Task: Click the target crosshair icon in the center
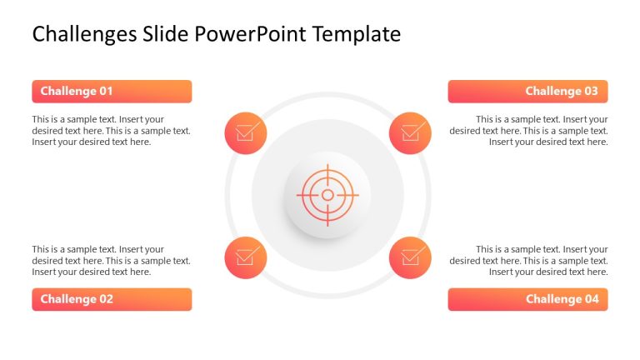(x=327, y=195)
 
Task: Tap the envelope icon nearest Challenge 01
(x=245, y=132)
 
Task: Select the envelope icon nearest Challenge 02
(x=245, y=257)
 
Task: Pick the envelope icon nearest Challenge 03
(x=410, y=132)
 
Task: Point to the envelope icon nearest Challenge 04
(x=410, y=257)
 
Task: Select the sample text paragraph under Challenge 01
(x=111, y=131)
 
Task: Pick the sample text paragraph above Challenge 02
(x=111, y=261)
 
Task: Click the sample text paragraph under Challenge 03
(x=528, y=131)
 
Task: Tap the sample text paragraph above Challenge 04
(x=528, y=261)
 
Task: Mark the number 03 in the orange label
(x=590, y=91)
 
